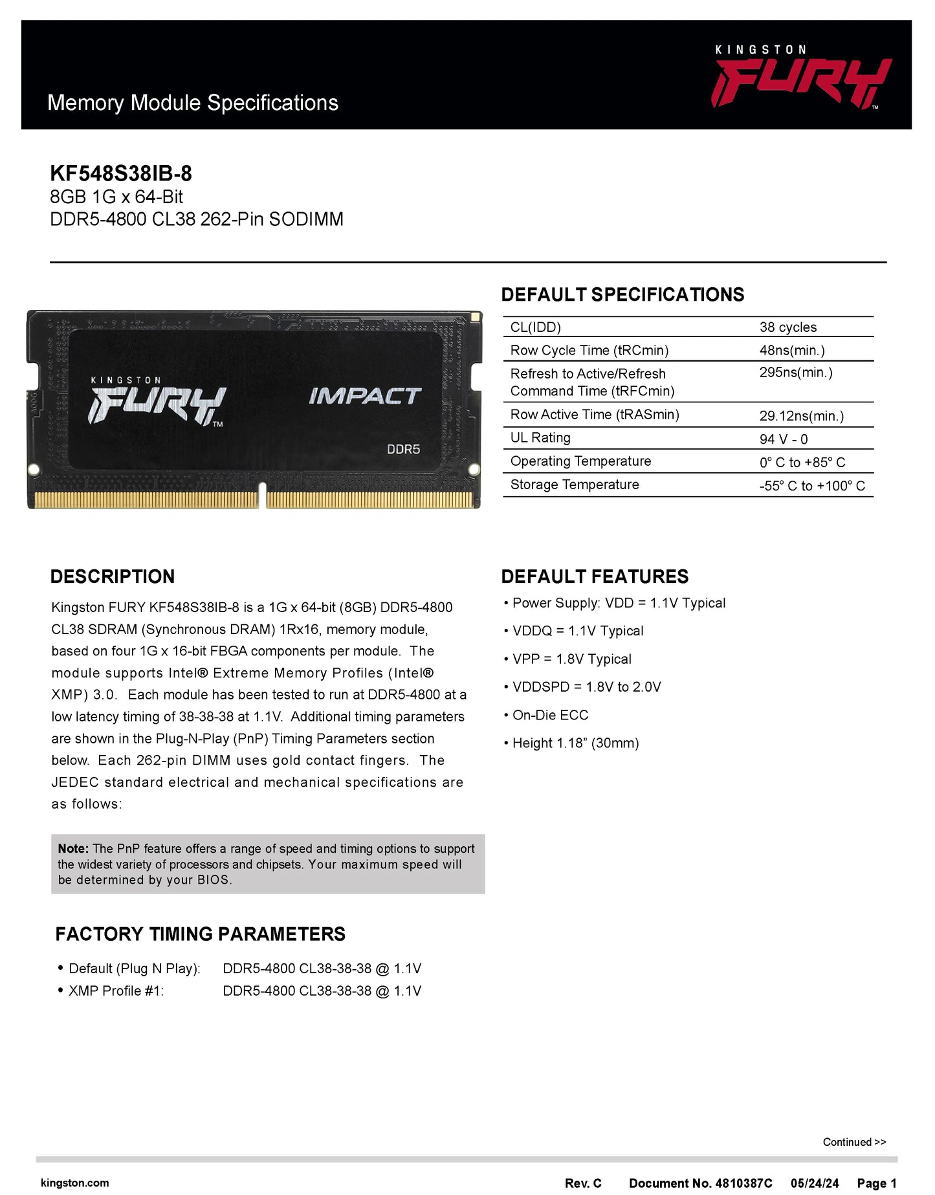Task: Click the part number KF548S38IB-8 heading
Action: click(121, 173)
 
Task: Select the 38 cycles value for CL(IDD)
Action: click(787, 327)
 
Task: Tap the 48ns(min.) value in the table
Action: click(791, 351)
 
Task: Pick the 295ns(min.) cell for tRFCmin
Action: click(795, 373)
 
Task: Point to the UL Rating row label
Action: click(540, 438)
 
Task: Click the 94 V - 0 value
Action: click(783, 439)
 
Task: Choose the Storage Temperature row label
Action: click(574, 485)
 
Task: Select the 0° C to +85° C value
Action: click(802, 463)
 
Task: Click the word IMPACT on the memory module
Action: click(365, 396)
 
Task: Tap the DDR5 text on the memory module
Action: click(403, 449)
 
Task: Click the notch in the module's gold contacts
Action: click(262, 497)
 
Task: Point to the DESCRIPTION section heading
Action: click(113, 576)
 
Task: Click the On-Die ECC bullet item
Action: click(549, 715)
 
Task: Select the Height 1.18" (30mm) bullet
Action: click(575, 743)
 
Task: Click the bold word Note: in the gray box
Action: click(73, 849)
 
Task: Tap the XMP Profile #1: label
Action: click(116, 991)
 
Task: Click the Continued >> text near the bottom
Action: click(853, 1142)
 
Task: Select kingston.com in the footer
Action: click(74, 1183)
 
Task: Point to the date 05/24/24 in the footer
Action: click(814, 1183)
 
